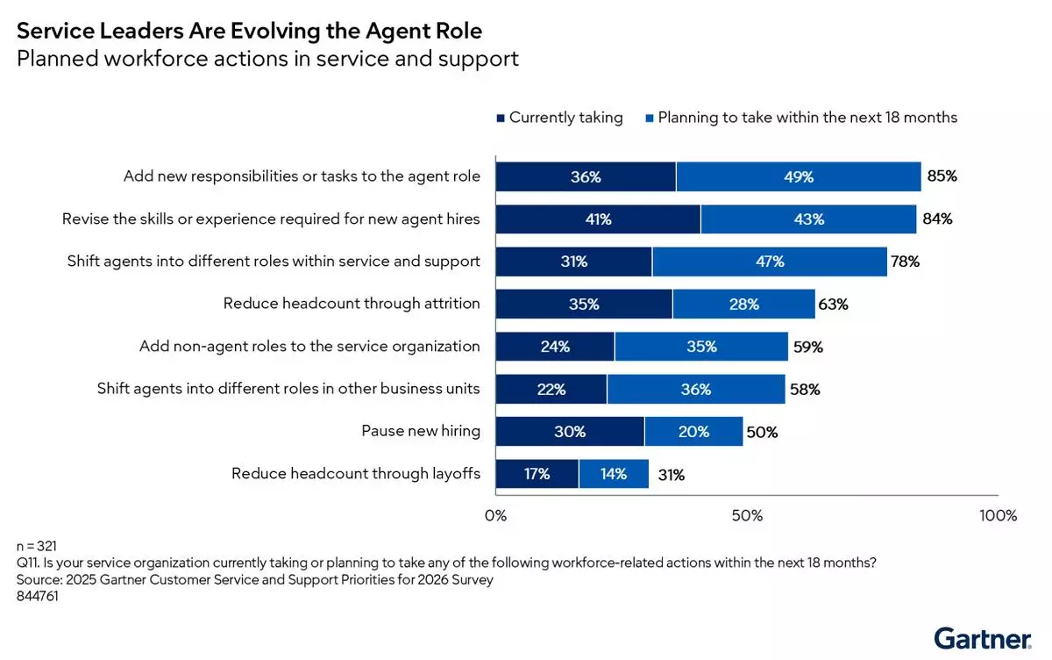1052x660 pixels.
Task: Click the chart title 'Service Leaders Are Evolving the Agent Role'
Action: [x=249, y=32]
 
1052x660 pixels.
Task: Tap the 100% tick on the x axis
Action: [x=998, y=515]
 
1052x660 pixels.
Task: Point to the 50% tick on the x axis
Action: [x=747, y=515]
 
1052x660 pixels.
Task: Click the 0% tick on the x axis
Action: [x=496, y=515]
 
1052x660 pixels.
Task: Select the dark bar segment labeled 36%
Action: [x=586, y=176]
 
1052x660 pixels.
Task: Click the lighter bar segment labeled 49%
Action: [x=799, y=176]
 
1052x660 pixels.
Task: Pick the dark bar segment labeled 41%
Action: [x=598, y=219]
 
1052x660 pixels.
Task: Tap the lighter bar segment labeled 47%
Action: [x=770, y=262]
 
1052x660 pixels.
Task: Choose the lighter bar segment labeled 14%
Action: [x=614, y=474]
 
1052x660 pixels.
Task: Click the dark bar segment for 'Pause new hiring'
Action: [x=570, y=432]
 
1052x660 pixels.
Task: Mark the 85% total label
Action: [x=942, y=176]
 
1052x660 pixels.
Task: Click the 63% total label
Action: [x=833, y=305]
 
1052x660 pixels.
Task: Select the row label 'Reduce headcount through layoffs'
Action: [x=356, y=474]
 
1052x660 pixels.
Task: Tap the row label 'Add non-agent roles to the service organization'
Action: [x=309, y=347]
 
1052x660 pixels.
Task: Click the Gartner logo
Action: [x=981, y=637]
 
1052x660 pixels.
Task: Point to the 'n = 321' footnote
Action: [x=37, y=547]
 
